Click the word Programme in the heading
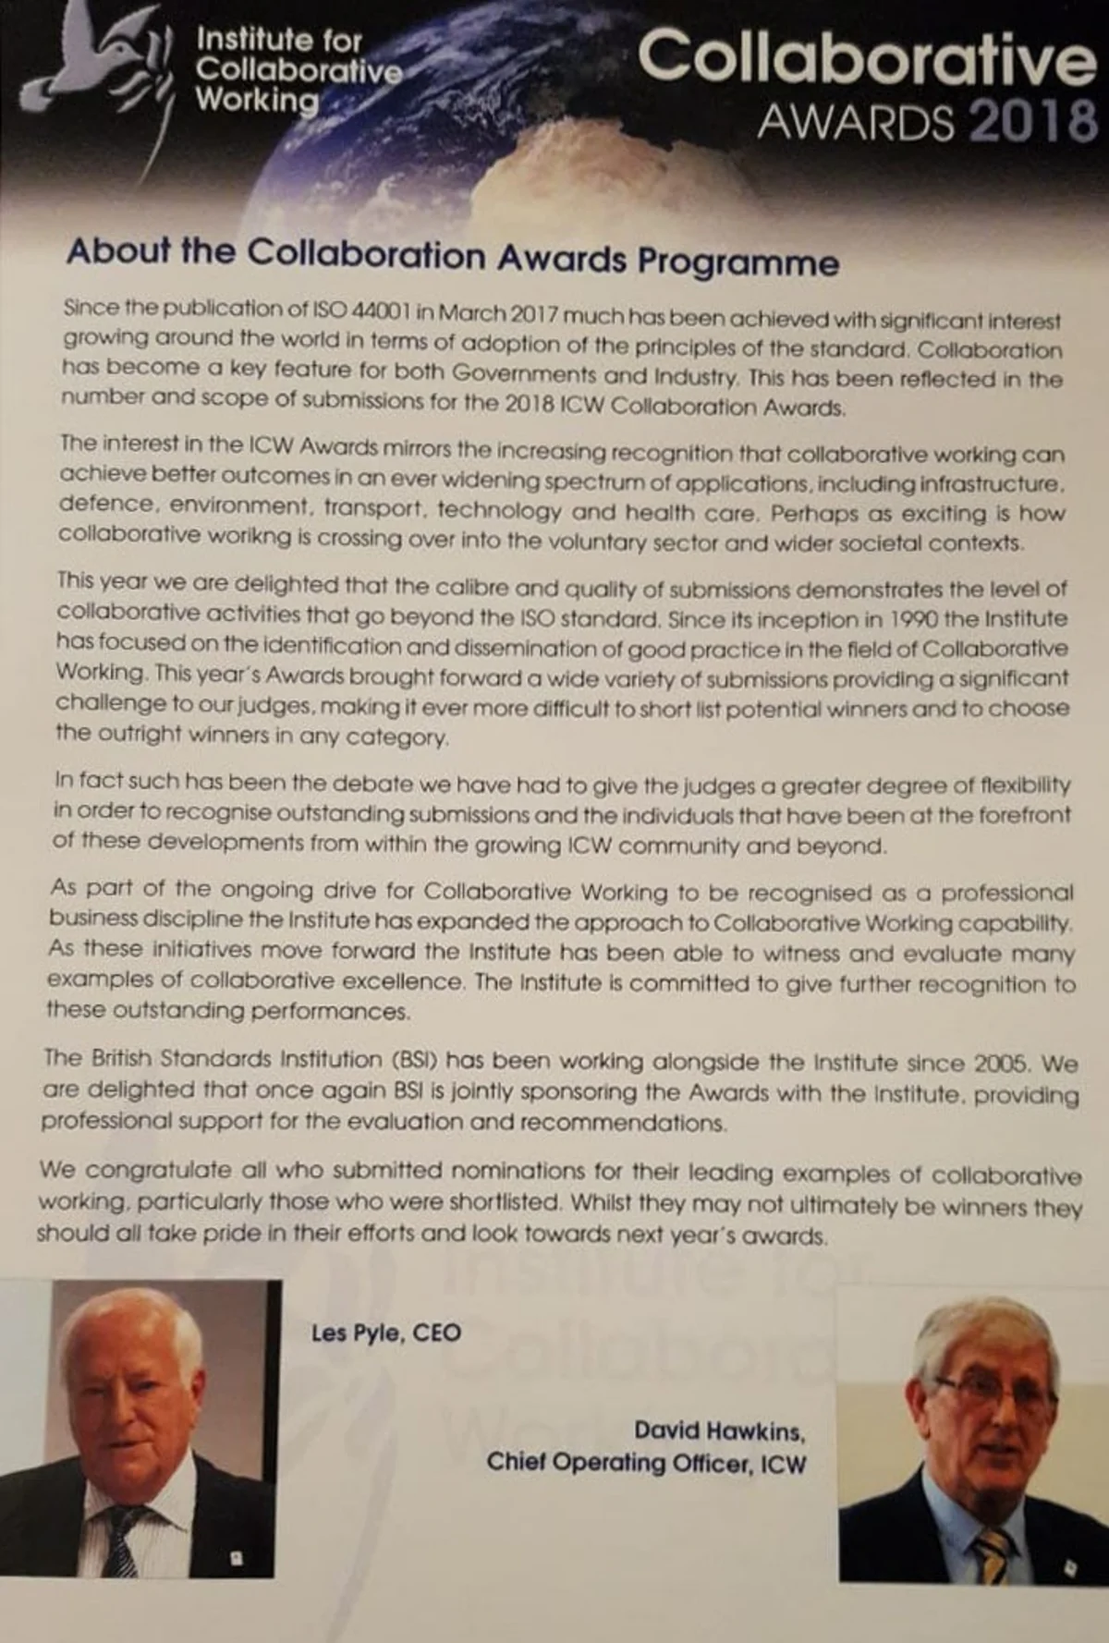[737, 262]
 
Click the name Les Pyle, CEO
[385, 1333]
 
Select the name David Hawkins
[719, 1431]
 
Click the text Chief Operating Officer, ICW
[646, 1463]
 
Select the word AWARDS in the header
[855, 122]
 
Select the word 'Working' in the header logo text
[256, 100]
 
